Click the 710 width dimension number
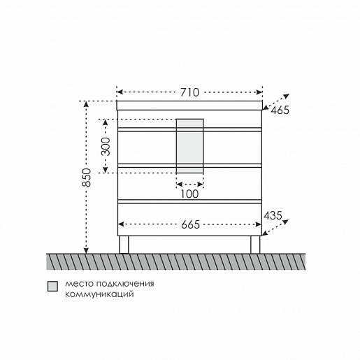click(190, 92)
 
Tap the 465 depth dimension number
click(280, 110)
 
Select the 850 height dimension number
click(87, 178)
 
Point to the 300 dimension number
click(106, 146)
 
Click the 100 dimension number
click(189, 194)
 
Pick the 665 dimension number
click(190, 224)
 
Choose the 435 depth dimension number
click(273, 215)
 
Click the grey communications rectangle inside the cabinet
click(189, 146)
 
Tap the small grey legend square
click(52, 286)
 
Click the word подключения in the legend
click(125, 284)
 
